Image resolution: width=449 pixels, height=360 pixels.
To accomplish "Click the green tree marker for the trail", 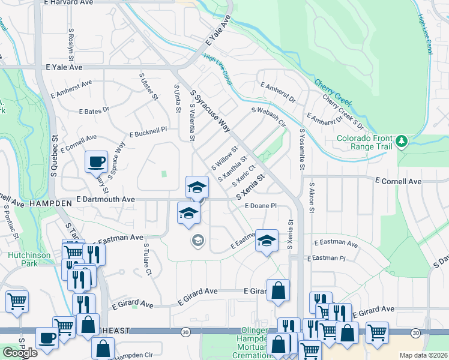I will tap(402, 142).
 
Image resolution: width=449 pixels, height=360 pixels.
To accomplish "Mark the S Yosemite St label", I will tap(302, 150).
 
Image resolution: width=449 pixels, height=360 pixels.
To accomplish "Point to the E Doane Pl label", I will tap(260, 205).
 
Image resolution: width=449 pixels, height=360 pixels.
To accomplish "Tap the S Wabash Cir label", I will tap(268, 118).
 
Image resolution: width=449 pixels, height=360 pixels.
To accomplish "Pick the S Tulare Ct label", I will tap(148, 260).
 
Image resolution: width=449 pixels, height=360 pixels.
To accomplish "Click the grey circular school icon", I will tap(196, 241).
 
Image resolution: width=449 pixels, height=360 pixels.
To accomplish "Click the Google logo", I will tap(20, 353).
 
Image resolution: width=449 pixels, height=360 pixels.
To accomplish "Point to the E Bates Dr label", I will tap(94, 110).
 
